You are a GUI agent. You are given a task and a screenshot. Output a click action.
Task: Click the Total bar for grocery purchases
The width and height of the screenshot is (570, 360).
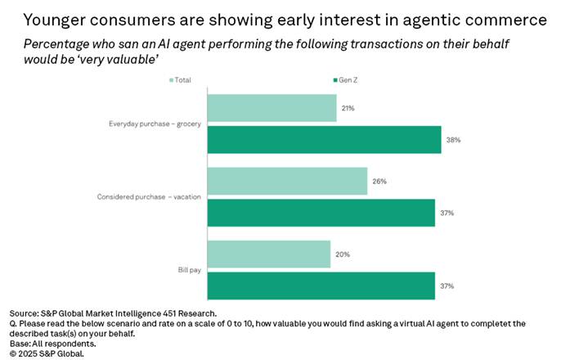tap(272, 108)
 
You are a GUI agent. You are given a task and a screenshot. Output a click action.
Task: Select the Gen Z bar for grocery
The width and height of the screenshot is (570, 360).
tap(324, 140)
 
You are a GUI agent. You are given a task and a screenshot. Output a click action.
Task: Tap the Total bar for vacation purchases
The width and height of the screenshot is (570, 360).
tap(287, 181)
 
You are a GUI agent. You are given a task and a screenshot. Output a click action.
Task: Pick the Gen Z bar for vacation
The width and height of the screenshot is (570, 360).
tap(321, 213)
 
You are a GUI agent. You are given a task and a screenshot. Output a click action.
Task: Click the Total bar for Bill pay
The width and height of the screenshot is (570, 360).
tap(268, 254)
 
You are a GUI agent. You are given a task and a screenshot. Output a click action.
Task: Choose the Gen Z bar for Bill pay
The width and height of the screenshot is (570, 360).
tap(321, 286)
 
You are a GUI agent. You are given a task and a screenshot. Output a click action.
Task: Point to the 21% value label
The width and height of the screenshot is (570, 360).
tap(348, 108)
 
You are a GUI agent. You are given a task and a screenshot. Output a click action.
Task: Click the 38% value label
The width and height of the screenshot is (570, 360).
tap(453, 140)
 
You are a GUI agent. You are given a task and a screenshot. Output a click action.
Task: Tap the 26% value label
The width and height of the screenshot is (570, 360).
tap(379, 181)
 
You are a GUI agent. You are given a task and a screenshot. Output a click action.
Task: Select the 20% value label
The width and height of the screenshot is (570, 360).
tap(342, 254)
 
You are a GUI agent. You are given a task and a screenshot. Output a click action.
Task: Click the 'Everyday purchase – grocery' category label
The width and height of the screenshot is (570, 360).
tap(155, 124)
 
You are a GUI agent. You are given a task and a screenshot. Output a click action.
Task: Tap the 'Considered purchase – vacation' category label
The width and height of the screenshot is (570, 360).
tap(150, 197)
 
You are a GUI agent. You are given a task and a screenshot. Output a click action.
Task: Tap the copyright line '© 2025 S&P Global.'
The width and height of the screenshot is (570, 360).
tap(47, 353)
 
